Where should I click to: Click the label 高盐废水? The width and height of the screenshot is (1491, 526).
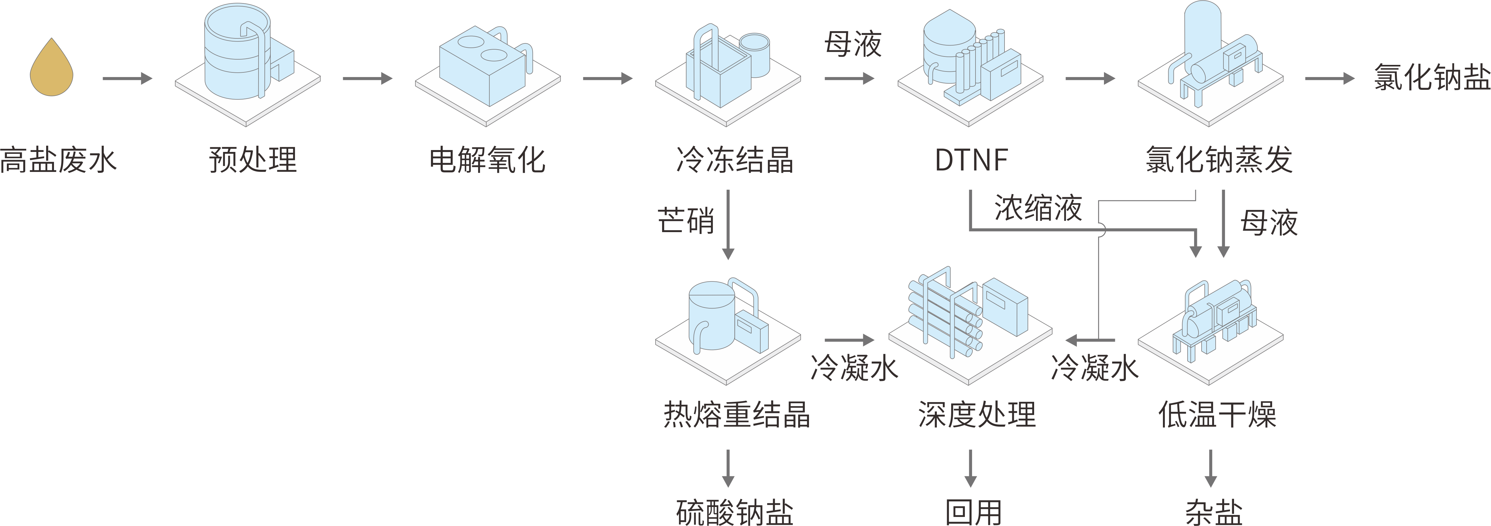[58, 160]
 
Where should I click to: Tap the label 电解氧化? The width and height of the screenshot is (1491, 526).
[487, 160]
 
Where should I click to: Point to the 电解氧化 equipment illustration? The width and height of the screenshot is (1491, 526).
[487, 72]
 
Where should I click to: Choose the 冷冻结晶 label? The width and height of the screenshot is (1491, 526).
[734, 160]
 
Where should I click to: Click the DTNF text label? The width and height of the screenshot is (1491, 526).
[972, 160]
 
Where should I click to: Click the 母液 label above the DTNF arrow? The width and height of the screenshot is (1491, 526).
[853, 44]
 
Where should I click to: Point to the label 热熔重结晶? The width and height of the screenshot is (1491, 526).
[736, 415]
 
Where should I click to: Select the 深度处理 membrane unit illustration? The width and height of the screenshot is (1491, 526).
[970, 324]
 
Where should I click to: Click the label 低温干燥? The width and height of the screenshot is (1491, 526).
[1217, 415]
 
